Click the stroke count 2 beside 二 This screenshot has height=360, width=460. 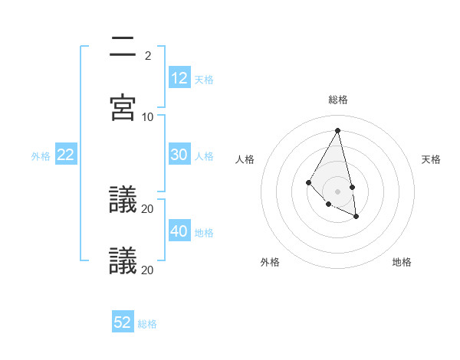point(148,55)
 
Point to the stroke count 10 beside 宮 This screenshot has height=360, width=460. point(148,116)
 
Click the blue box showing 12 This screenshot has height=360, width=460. point(179,77)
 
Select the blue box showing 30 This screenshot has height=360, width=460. point(179,155)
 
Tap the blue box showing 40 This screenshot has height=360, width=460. point(179,231)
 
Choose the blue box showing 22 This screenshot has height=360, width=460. point(66,155)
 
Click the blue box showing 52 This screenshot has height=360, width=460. point(123,322)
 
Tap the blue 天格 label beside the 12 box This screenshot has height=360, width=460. point(204,80)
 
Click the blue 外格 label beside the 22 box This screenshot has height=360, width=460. point(41,156)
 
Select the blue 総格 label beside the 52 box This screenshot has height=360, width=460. point(147,324)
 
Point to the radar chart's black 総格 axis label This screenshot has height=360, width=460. point(338,100)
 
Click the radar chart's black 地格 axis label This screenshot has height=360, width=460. point(402,262)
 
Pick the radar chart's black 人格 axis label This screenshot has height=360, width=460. point(245,159)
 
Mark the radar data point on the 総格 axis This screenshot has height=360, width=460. point(338,130)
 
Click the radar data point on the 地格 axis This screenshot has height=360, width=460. point(356,217)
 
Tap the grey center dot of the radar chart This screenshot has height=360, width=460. point(338,191)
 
